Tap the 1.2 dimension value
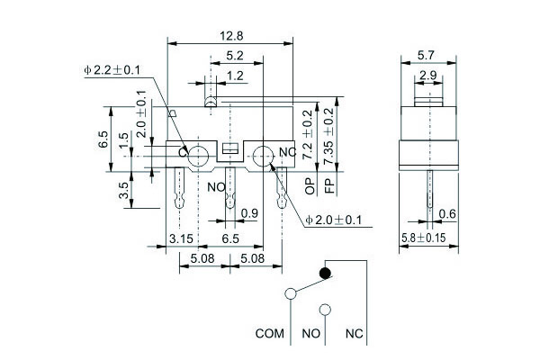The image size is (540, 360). click(x=235, y=76)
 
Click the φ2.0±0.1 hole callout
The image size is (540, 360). click(x=336, y=219)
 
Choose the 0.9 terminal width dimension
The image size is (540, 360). click(x=250, y=213)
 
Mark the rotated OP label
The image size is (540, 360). click(x=309, y=186)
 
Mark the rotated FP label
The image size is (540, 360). click(x=329, y=186)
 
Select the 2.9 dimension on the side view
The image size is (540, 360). click(x=429, y=75)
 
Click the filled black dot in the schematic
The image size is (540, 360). click(x=326, y=272)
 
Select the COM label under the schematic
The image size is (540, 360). click(x=269, y=334)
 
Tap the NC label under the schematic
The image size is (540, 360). click(x=355, y=334)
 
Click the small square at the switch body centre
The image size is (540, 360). click(x=230, y=148)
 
